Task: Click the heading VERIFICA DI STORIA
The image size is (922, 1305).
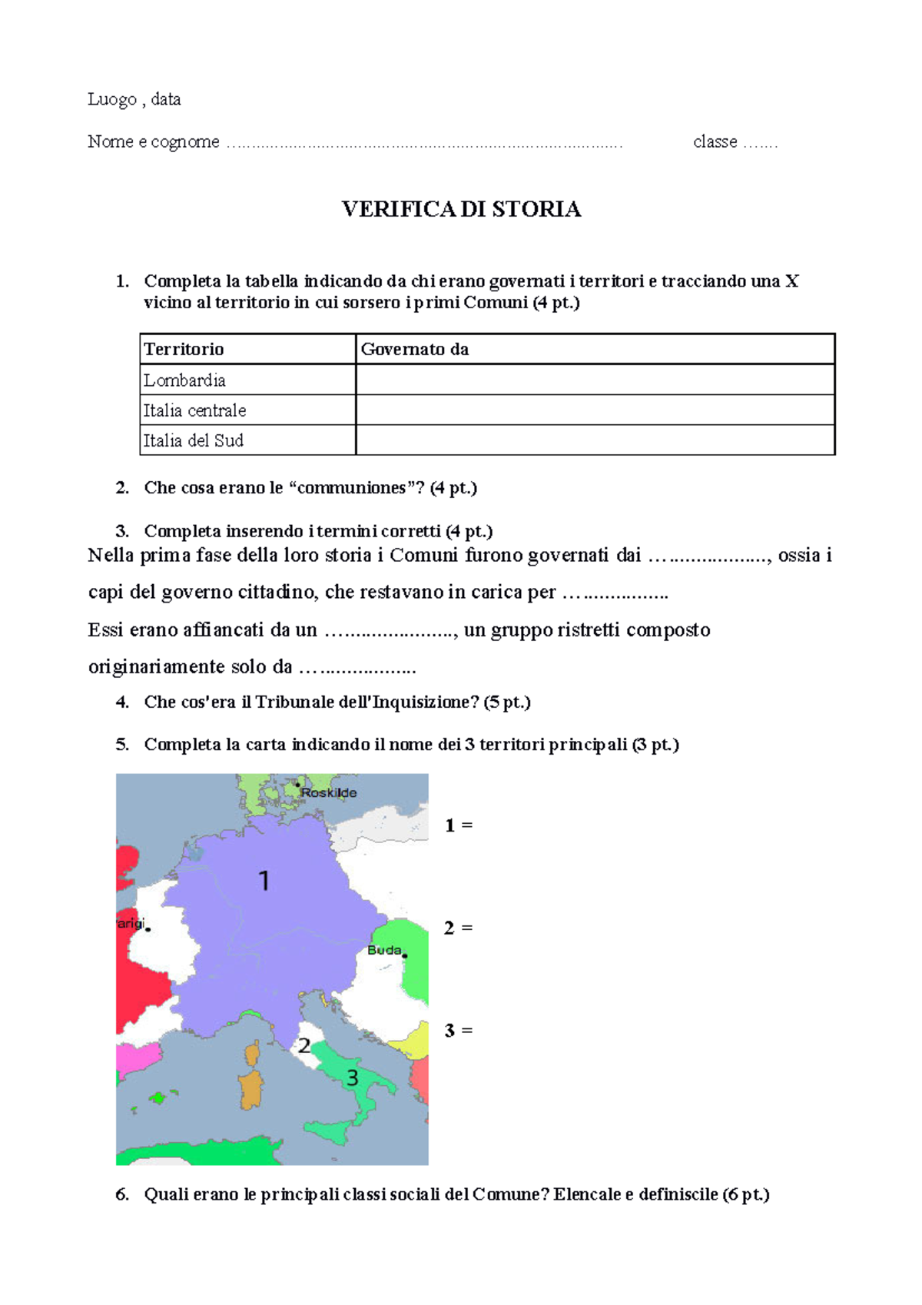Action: click(x=461, y=209)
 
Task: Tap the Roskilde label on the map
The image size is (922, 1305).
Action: click(x=329, y=792)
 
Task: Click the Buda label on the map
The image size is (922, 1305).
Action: click(x=384, y=950)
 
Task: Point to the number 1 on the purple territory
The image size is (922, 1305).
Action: click(x=264, y=880)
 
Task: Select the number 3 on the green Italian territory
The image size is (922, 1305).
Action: click(x=352, y=1078)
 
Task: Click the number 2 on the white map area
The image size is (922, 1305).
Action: click(x=304, y=1045)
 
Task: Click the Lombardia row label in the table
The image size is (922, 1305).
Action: click(x=184, y=380)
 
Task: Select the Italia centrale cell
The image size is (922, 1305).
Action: click(x=194, y=410)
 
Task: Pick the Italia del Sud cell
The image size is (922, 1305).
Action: click(x=193, y=440)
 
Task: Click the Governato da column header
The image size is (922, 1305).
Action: click(x=415, y=349)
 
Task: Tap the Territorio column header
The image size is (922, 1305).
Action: click(x=184, y=349)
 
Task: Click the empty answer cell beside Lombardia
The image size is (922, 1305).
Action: click(x=595, y=380)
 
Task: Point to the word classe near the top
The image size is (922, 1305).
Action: click(x=715, y=141)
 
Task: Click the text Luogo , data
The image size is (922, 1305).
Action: click(x=134, y=99)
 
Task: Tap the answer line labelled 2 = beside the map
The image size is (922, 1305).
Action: click(x=459, y=928)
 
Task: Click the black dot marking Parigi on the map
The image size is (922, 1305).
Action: click(x=148, y=929)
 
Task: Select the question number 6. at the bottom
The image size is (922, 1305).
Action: click(x=122, y=1194)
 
